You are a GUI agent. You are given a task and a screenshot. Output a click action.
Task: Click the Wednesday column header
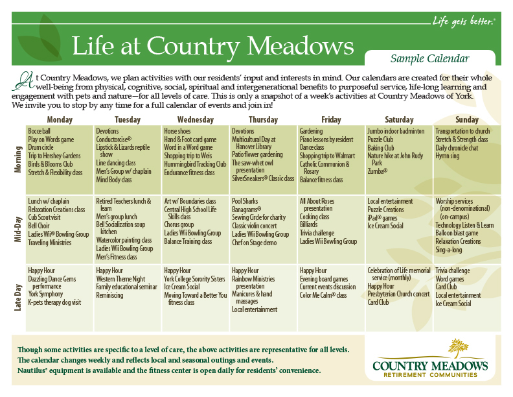coord(195,119)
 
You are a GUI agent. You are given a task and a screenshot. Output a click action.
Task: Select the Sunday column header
coord(467,119)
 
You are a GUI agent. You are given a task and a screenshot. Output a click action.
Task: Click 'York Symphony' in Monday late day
coord(46,294)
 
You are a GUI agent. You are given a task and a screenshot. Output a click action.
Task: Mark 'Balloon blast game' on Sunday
coord(457,233)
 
